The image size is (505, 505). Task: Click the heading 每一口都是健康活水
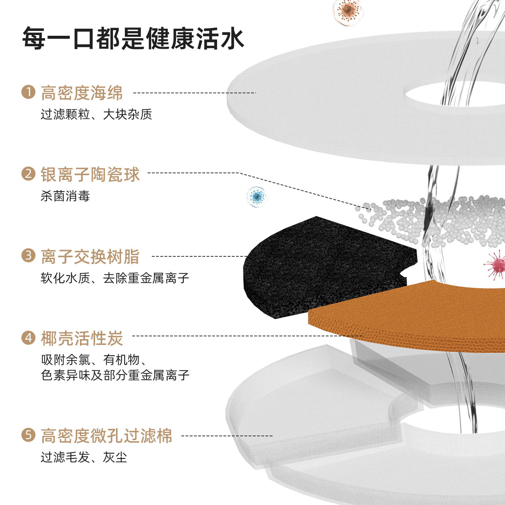[x=133, y=38]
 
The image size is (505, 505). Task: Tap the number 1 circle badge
[x=28, y=92]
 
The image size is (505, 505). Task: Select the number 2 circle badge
[x=28, y=174]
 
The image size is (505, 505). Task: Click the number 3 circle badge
[x=28, y=256]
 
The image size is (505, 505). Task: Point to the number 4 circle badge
[x=28, y=337]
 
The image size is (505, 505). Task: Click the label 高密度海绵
[x=82, y=93]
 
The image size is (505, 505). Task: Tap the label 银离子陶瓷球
[x=90, y=174]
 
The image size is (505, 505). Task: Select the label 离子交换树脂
[x=90, y=256]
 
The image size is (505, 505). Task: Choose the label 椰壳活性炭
[x=82, y=338]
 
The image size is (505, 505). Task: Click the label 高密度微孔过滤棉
[x=106, y=436]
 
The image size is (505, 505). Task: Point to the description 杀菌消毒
[x=65, y=196]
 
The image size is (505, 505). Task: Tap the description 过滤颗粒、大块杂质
[x=96, y=114]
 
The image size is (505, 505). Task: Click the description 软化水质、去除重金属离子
[x=115, y=278]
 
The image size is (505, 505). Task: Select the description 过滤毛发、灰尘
[x=84, y=457]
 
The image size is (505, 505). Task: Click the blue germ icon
[x=257, y=196]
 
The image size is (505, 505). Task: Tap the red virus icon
[x=495, y=265]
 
